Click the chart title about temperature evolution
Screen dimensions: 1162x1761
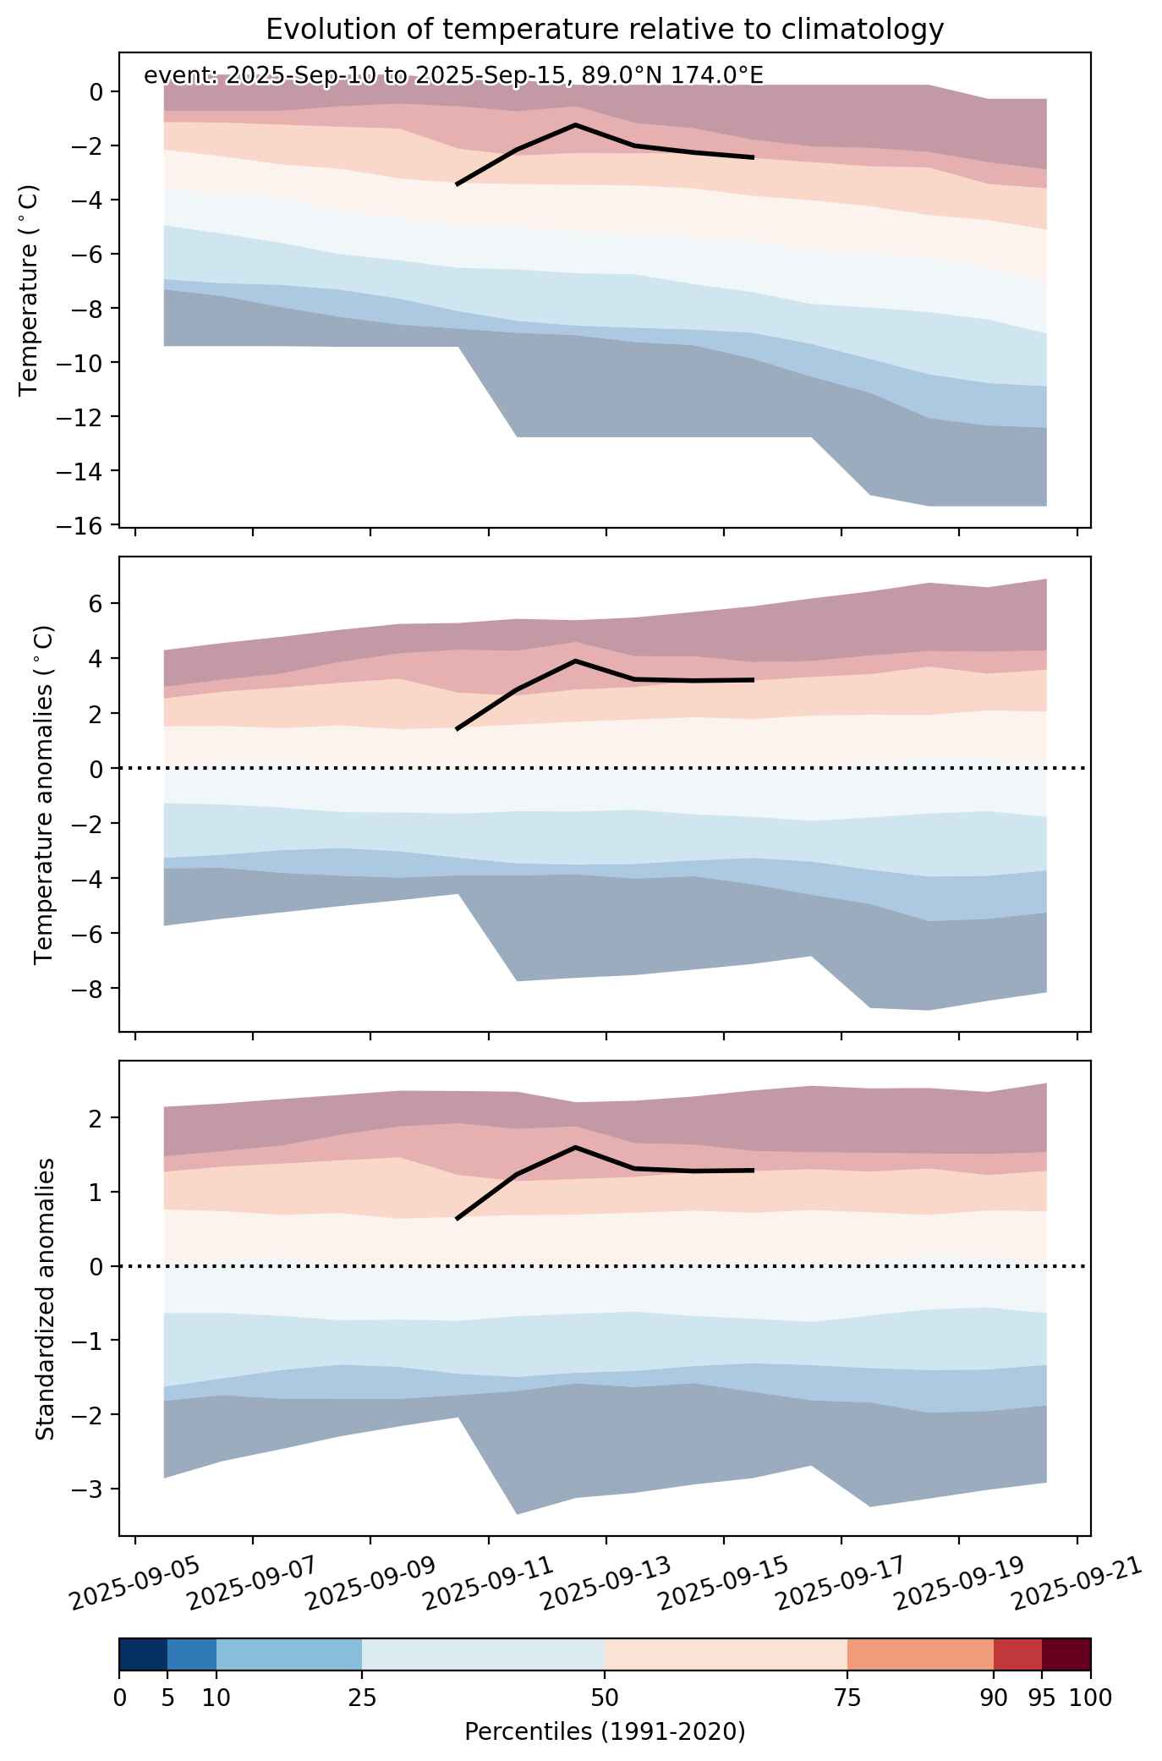point(605,30)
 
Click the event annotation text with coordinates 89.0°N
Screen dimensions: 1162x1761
point(453,75)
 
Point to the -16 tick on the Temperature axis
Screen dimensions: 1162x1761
point(80,525)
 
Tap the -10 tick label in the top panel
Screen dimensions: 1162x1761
point(80,363)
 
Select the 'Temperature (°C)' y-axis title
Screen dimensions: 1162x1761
point(30,290)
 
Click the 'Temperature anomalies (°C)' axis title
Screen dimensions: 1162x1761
point(45,794)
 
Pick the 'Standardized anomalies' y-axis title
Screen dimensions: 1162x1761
point(45,1298)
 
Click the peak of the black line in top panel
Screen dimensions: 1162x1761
point(575,124)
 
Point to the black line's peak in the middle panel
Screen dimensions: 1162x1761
point(575,661)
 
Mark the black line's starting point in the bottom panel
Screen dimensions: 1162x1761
point(457,1219)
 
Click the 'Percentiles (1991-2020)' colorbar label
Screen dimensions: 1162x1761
point(605,1731)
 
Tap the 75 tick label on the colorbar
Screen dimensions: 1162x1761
point(847,1698)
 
